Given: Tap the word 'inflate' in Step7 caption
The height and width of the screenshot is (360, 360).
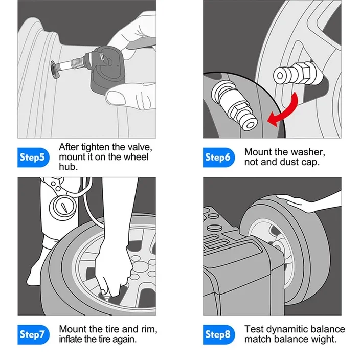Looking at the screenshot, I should (x=73, y=339).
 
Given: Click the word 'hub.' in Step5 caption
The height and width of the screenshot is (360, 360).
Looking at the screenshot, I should (x=67, y=166).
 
